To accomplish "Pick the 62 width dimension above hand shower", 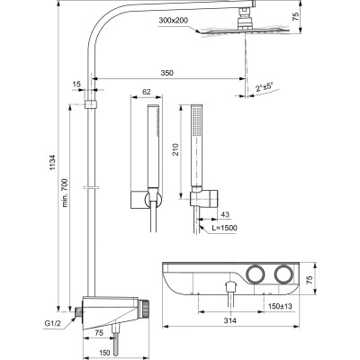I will (x=146, y=92).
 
